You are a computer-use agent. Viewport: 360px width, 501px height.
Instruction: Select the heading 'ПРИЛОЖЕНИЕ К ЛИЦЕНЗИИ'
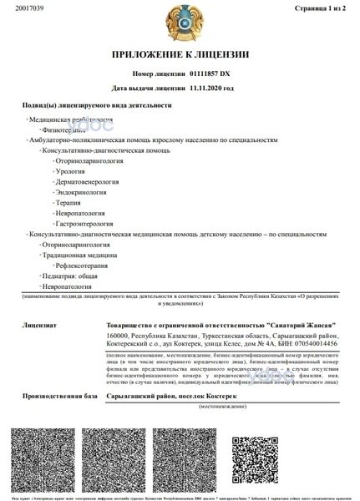180,55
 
